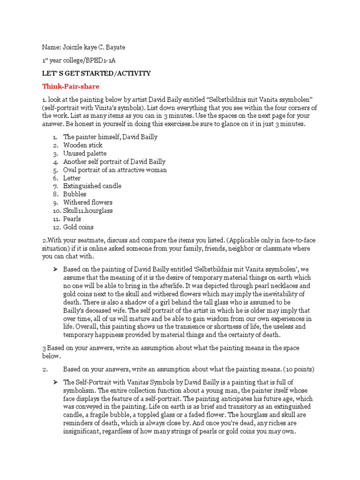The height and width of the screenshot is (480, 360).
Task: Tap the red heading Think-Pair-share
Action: (70, 86)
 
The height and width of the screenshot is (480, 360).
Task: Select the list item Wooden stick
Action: (83, 145)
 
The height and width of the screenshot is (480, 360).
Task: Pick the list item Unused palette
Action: (85, 153)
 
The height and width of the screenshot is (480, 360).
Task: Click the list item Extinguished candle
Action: (92, 186)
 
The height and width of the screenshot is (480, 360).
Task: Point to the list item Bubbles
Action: (75, 194)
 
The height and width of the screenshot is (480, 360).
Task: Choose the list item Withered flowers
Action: (88, 202)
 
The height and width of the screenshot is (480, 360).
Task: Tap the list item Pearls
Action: (72, 219)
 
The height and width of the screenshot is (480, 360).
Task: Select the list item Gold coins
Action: (79, 227)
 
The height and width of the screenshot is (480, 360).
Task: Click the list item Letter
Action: (72, 178)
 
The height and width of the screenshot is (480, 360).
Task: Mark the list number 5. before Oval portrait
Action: (55, 170)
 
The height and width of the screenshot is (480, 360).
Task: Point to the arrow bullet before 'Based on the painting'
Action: (54, 269)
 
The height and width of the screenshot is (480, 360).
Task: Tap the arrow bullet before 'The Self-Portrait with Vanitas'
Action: (54, 382)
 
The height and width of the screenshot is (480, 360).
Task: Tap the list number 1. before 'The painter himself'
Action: (55, 137)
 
